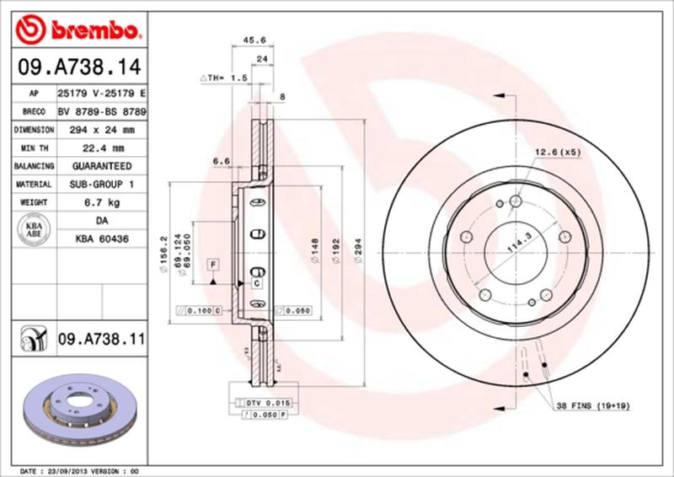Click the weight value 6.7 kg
point(101,203)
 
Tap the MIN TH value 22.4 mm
point(101,148)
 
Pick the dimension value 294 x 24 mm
point(101,130)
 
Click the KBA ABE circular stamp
point(34,230)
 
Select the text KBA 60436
point(101,239)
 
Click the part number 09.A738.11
point(102,340)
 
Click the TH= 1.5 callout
point(223,78)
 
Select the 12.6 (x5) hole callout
point(558,152)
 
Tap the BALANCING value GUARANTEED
point(101,167)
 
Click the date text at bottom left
point(78,469)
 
